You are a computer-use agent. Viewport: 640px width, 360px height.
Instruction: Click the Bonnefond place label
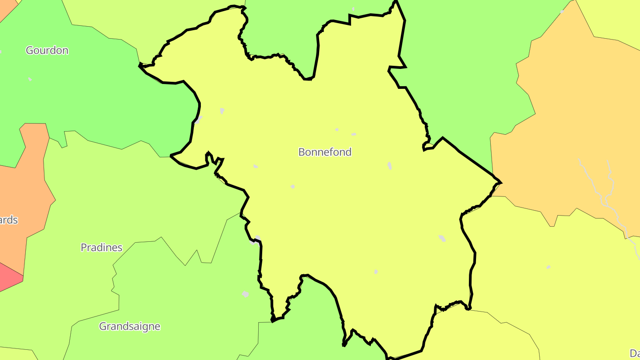click(x=325, y=152)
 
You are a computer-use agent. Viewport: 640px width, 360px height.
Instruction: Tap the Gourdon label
click(x=47, y=50)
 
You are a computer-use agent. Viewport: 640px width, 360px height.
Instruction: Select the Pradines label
click(x=101, y=248)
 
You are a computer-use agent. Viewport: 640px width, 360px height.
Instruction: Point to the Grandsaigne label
click(x=129, y=326)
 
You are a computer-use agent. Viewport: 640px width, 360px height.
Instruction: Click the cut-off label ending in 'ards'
click(x=9, y=220)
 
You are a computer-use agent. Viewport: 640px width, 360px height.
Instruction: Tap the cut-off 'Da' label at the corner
click(x=635, y=353)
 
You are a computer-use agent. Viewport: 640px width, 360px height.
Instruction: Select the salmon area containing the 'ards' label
click(x=27, y=187)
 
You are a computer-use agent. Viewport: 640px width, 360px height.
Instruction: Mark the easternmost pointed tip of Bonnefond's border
click(x=501, y=182)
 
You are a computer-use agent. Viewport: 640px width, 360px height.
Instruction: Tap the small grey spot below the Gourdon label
click(x=30, y=79)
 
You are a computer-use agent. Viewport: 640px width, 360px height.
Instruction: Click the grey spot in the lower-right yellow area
click(x=548, y=267)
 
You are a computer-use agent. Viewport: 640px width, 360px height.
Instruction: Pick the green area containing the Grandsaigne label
click(x=178, y=302)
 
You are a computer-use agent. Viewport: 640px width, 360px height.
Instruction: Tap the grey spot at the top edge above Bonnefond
click(x=353, y=8)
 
